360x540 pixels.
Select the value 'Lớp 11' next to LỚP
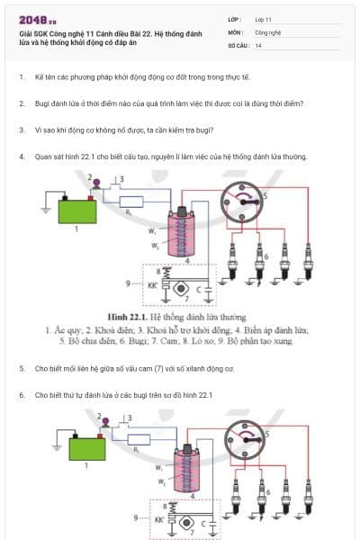point(263,18)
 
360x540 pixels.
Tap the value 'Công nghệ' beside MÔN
point(268,31)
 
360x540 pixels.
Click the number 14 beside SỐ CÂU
point(258,44)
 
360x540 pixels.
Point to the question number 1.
point(21,78)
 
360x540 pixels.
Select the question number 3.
point(21,130)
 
